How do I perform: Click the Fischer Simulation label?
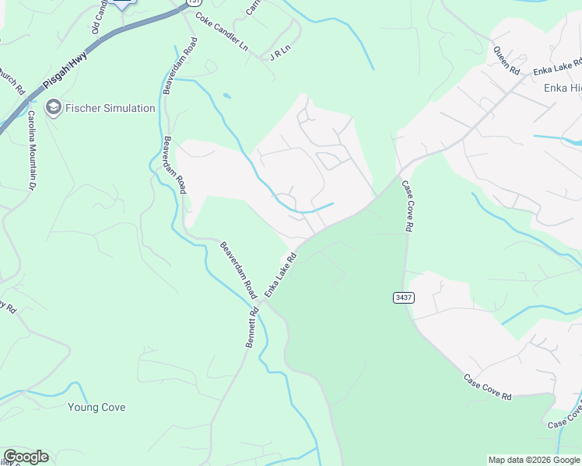click(x=110, y=108)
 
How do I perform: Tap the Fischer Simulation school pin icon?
click(x=54, y=107)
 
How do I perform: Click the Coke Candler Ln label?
click(x=221, y=33)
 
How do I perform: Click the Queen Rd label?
click(x=507, y=60)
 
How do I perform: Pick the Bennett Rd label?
click(x=251, y=326)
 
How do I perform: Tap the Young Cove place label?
click(x=96, y=407)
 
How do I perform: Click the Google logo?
click(x=26, y=457)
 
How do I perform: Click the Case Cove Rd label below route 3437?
click(x=488, y=388)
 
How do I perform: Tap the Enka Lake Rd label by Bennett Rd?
click(x=281, y=274)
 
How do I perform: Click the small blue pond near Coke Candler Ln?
click(x=226, y=96)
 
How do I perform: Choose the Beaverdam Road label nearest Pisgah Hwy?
click(x=169, y=66)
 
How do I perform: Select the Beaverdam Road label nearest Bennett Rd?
click(x=237, y=271)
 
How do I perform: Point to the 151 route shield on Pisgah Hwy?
click(x=192, y=2)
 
